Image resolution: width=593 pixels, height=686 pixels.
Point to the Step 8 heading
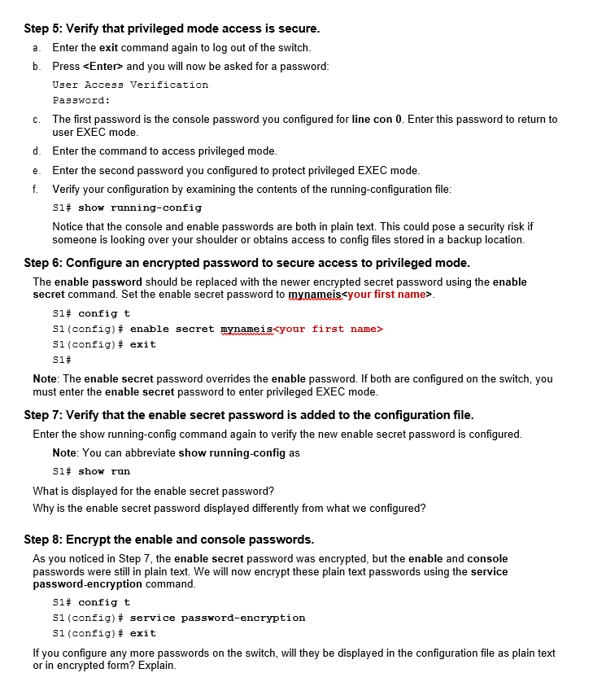point(168,540)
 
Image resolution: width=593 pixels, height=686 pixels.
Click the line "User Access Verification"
point(130,85)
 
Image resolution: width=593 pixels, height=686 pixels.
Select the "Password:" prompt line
point(81,100)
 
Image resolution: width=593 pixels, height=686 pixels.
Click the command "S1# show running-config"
point(127,208)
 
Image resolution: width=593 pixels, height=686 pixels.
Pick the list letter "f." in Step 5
point(36,189)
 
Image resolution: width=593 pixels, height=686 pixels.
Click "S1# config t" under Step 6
point(91,313)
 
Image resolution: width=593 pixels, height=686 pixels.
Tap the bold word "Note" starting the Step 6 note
point(46,378)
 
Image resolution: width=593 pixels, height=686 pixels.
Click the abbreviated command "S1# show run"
point(91,471)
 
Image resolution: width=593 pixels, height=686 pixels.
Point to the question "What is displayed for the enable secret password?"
point(153,491)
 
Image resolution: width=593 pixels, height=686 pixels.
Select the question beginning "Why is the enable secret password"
point(229,509)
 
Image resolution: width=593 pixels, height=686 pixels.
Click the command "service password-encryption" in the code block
point(217,618)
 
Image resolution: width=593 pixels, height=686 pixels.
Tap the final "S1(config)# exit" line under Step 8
point(104,633)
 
